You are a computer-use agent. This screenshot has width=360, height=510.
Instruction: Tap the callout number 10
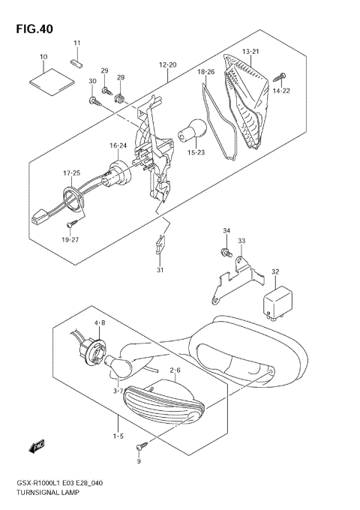point(43,57)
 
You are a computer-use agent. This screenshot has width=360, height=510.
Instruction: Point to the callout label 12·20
point(167,64)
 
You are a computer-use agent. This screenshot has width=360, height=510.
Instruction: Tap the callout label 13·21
point(250,51)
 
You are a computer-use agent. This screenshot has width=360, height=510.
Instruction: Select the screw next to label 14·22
point(283,76)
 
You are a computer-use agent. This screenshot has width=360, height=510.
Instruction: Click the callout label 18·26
point(206,72)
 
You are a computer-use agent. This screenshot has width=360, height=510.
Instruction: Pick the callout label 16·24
point(118,145)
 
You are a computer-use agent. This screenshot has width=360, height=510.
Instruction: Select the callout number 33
point(241,241)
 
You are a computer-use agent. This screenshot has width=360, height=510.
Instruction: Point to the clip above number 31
point(160,242)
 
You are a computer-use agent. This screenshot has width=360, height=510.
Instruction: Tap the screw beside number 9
point(139,447)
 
